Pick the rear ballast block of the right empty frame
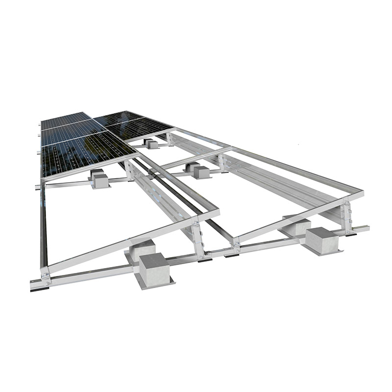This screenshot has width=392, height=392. pyautogui.click(x=297, y=225)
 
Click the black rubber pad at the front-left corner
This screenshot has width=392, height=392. pyautogui.click(x=36, y=289)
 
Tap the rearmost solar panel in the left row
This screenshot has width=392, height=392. pyautogui.click(x=64, y=119)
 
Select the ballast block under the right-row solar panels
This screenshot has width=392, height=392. pyautogui.click(x=151, y=144)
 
